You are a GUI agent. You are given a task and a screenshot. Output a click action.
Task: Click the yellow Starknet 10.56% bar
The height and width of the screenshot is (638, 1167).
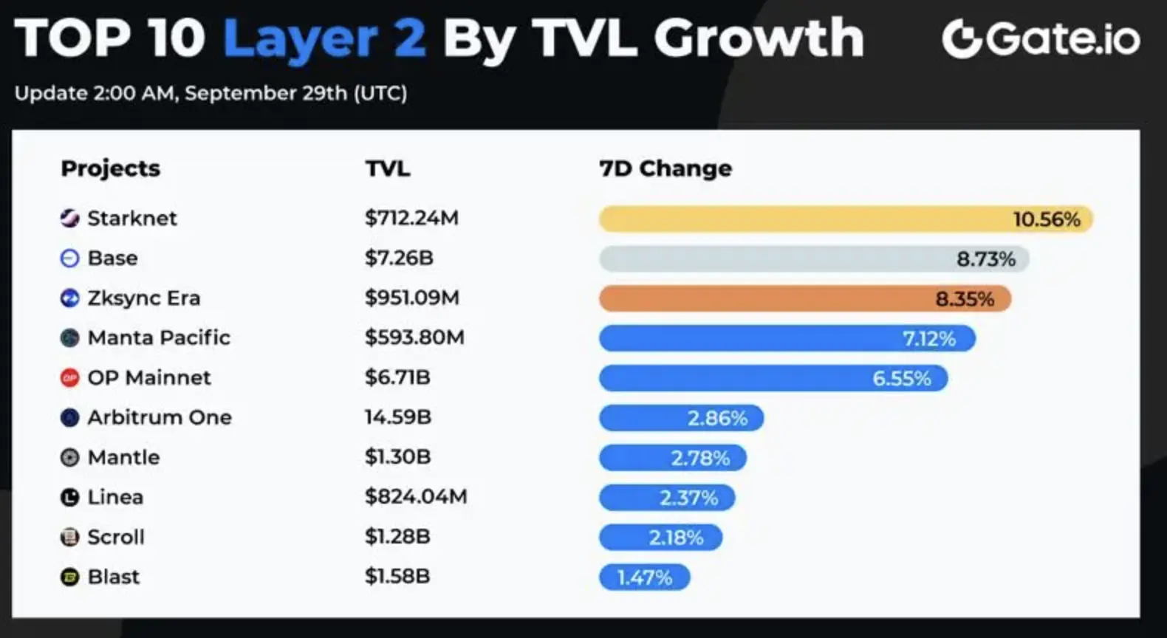tap(846, 219)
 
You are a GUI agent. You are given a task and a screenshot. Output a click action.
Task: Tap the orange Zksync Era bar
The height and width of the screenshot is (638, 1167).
tap(805, 298)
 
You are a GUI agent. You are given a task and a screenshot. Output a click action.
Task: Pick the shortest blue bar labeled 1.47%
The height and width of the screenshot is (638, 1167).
tap(644, 577)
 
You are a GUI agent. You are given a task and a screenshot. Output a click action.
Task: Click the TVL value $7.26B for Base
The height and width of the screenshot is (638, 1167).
tap(399, 258)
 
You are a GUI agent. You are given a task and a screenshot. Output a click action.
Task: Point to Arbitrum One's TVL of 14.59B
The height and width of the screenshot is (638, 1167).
tap(397, 417)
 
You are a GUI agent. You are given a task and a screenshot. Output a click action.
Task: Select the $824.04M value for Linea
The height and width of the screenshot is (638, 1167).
tap(416, 497)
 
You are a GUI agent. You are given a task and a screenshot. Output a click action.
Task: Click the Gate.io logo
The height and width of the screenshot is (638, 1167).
tap(1041, 38)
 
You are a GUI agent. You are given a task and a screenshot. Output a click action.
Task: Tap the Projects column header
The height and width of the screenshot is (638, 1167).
tap(110, 168)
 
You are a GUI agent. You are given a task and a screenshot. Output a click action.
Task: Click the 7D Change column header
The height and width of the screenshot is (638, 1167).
tap(665, 168)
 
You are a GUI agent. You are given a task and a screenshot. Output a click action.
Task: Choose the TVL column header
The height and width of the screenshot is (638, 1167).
tap(387, 168)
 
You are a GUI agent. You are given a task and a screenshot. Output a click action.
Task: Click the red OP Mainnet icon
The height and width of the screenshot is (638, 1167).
tap(69, 378)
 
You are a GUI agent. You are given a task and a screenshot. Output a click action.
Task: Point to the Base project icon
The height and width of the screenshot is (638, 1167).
tap(69, 258)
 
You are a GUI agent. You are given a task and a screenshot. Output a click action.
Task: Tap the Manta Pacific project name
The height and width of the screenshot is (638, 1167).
tap(159, 337)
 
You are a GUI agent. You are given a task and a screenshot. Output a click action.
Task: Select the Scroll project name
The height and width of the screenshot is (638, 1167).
tap(116, 537)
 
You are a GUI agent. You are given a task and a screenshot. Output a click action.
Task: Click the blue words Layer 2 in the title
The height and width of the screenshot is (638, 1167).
tap(324, 38)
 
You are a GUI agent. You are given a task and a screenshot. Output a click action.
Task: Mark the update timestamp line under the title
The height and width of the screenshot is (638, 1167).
tap(211, 93)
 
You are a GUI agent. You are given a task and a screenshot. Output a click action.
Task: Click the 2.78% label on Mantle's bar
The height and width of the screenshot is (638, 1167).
tap(700, 458)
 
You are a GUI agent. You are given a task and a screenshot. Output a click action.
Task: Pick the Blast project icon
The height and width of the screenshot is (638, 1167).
tap(69, 577)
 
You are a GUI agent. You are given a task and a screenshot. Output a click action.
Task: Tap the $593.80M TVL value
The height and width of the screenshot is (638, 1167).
tap(414, 337)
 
